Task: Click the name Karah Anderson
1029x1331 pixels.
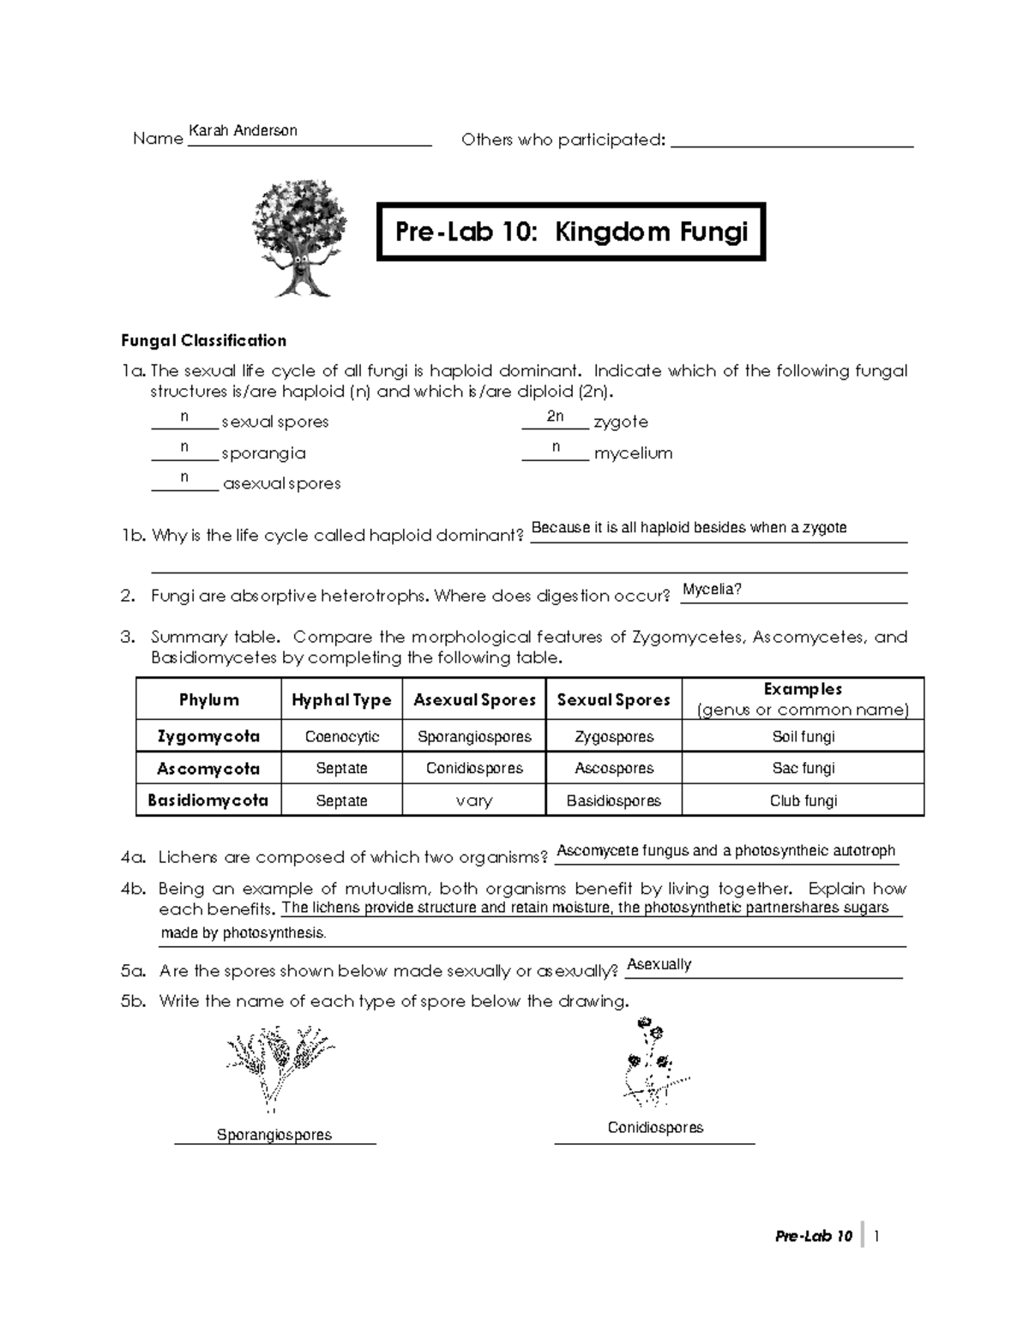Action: click(243, 131)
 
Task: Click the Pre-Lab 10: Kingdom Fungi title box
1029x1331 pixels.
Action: click(570, 232)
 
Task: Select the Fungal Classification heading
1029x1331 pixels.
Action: click(203, 341)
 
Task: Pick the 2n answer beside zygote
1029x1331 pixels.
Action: click(555, 417)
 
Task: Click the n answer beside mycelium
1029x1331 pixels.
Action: click(556, 447)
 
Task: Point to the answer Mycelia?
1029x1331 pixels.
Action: click(712, 590)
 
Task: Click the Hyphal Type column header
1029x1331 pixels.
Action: click(341, 700)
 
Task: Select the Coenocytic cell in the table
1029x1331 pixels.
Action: click(341, 737)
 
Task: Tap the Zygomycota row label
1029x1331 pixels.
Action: click(208, 736)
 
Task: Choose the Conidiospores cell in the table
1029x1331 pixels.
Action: click(474, 769)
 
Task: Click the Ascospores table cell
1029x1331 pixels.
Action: click(614, 769)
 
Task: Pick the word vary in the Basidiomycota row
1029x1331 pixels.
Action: click(474, 801)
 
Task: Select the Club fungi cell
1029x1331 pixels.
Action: click(803, 801)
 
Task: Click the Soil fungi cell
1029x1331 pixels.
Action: click(803, 737)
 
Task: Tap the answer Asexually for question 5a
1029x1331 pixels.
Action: click(659, 965)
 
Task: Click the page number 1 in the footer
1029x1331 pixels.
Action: click(876, 1236)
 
